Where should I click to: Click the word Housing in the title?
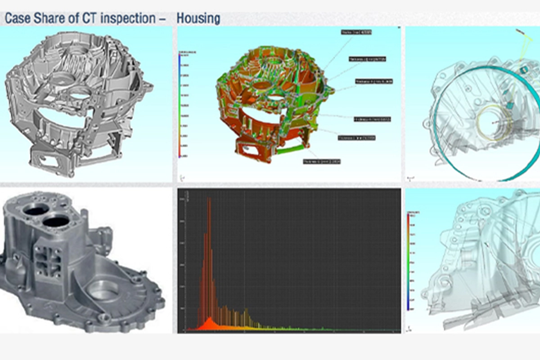[198, 18]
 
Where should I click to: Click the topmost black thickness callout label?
[356, 32]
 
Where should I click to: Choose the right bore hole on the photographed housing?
[56, 220]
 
